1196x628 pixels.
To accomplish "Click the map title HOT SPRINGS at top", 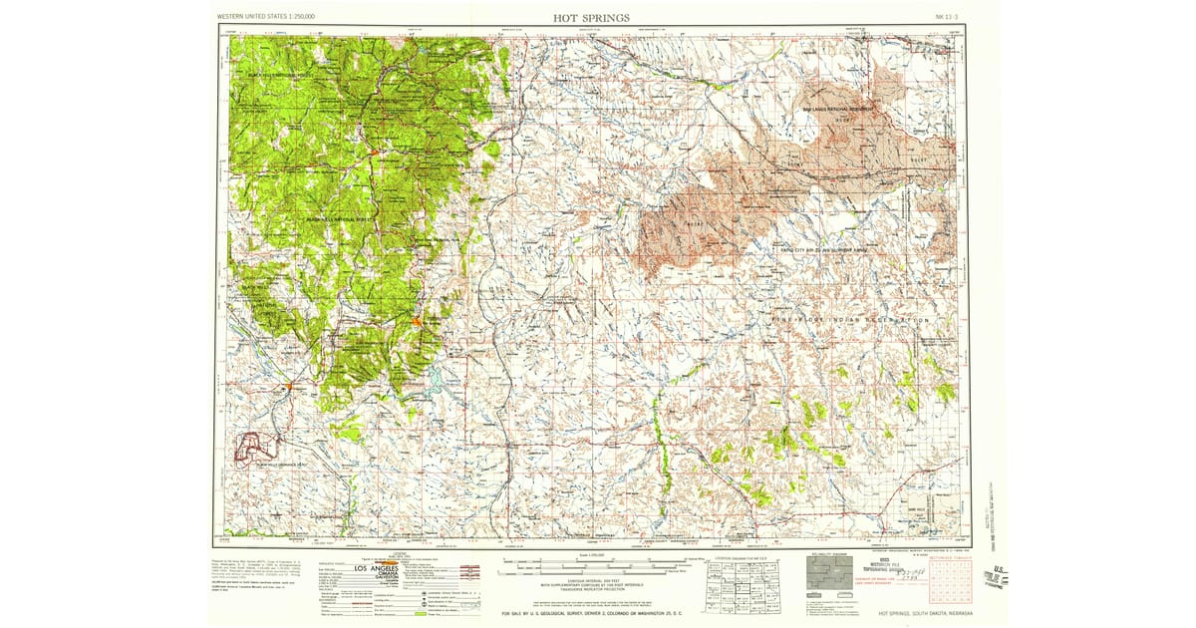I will (591, 17).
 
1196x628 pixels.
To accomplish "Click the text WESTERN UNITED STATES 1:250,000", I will (266, 18).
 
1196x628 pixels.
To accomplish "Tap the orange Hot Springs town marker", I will (418, 322).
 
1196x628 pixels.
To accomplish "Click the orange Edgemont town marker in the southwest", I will (289, 385).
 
